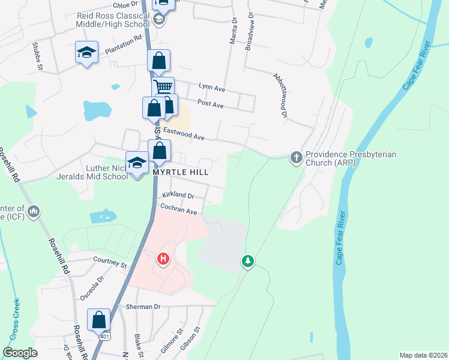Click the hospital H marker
(x=163, y=260)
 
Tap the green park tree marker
(x=247, y=261)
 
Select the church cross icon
(x=296, y=158)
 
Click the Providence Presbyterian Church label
(x=351, y=158)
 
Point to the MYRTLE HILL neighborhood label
(x=180, y=172)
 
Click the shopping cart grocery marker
(x=162, y=86)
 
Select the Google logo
(x=20, y=352)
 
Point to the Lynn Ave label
(x=211, y=89)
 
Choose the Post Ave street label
(x=210, y=105)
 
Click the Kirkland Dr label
(x=178, y=196)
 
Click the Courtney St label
(x=111, y=262)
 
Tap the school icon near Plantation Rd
(x=86, y=52)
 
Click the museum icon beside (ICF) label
(x=34, y=212)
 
